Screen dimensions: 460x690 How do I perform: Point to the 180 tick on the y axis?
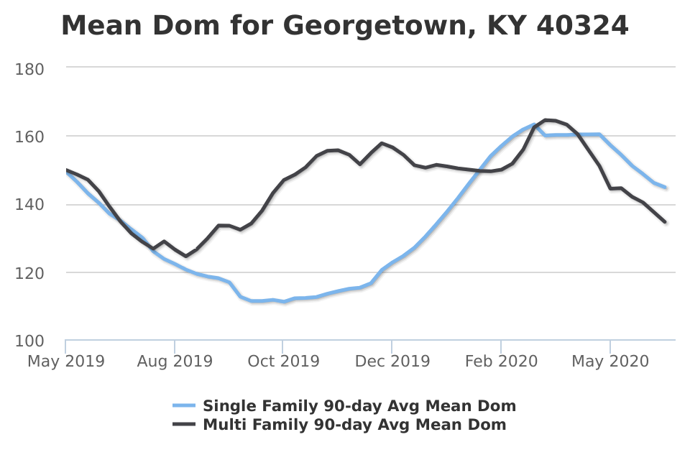click(29, 69)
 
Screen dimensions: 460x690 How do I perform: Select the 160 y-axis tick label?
click(29, 137)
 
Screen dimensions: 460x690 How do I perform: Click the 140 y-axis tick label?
click(29, 205)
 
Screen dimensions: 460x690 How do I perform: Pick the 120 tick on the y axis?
click(29, 273)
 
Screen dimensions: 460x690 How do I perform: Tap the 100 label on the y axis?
click(29, 341)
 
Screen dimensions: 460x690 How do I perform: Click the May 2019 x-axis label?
click(65, 361)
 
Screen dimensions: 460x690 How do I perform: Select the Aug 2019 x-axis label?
click(175, 361)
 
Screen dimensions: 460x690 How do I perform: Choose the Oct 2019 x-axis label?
click(283, 361)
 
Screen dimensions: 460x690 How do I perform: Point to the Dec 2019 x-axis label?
click(392, 361)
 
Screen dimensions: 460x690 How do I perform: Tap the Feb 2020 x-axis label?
click(501, 361)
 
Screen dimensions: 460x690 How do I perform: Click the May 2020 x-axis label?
click(609, 361)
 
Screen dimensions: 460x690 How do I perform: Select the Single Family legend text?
click(359, 406)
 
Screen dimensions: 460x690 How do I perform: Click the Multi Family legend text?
click(354, 425)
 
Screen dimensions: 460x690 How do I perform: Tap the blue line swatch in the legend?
click(185, 406)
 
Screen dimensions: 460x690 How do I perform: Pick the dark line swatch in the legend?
click(185, 425)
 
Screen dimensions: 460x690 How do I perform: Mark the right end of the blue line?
click(666, 188)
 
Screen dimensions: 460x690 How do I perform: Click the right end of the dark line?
click(665, 222)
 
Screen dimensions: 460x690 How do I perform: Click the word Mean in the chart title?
click(100, 26)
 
